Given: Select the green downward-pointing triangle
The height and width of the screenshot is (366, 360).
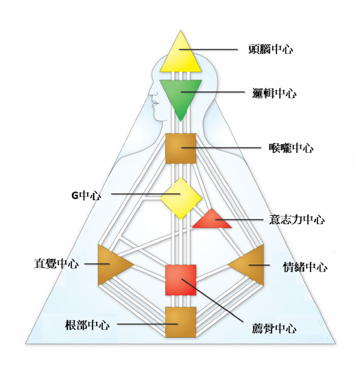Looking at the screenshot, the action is [180, 96].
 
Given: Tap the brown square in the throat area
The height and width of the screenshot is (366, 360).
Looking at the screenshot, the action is [180, 149].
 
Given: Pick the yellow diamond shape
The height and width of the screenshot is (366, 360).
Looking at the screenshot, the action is [180, 198].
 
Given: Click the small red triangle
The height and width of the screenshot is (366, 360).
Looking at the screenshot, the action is [211, 221].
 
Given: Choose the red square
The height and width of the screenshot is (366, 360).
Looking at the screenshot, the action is [180, 280].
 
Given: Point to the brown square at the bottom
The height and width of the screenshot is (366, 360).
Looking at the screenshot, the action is [180, 322].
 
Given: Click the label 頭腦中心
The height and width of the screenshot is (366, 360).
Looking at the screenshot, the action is [270, 49].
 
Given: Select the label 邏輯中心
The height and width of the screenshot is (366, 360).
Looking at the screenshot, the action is [274, 93].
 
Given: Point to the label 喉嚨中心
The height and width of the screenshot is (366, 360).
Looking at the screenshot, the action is [291, 148].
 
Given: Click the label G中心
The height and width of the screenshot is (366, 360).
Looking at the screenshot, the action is [86, 195].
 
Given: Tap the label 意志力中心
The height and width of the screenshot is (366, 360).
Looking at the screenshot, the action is [297, 219].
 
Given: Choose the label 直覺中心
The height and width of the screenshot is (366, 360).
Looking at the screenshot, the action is [56, 264].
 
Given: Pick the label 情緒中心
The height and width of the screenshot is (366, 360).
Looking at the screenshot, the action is [305, 267].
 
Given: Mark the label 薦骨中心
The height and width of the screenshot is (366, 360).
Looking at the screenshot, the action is [274, 329].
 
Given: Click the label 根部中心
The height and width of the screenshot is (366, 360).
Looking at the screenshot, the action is [87, 325].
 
